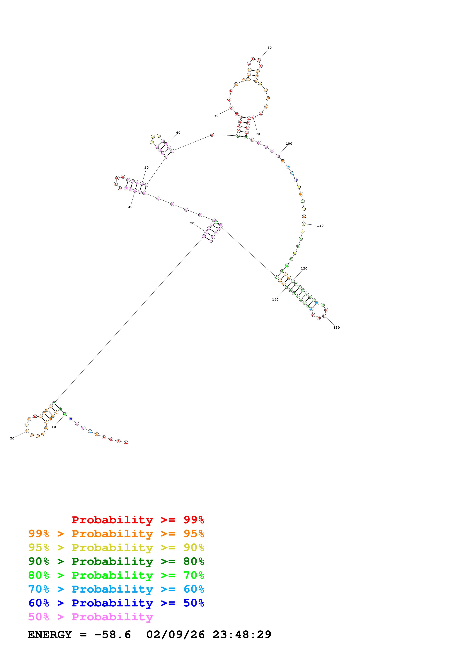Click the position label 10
pyautogui.click(x=54, y=427)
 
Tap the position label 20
pyautogui.click(x=12, y=438)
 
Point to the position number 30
pyautogui.click(x=192, y=223)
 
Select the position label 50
pyautogui.click(x=147, y=168)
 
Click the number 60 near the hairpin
pyautogui.click(x=178, y=133)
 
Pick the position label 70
pyautogui.click(x=216, y=116)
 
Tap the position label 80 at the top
pyautogui.click(x=270, y=48)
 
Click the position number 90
pyautogui.click(x=258, y=134)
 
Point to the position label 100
pyautogui.click(x=289, y=144)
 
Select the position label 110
pyautogui.click(x=320, y=226)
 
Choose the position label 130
pyautogui.click(x=337, y=328)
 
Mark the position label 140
pyautogui.click(x=275, y=299)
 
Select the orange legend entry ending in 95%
pyautogui.click(x=116, y=534)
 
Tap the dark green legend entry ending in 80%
pyautogui.click(x=116, y=561)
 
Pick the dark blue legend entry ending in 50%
pyautogui.click(x=116, y=603)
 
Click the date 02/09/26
pyautogui.click(x=176, y=635)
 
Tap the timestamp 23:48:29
pyautogui.click(x=242, y=635)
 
